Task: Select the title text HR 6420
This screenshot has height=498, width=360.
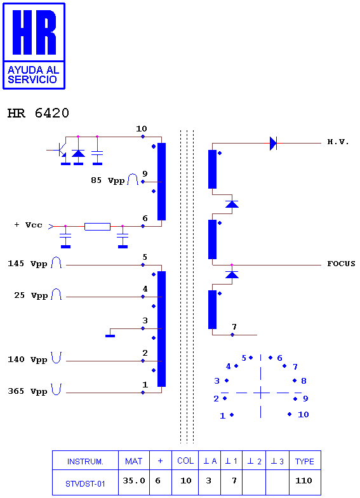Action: [x=38, y=113]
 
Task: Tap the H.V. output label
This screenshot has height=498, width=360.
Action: [x=338, y=142]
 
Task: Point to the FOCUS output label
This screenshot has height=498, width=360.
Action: [x=342, y=264]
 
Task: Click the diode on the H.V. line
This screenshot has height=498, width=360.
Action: [x=273, y=144]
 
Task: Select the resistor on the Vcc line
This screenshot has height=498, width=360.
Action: [x=98, y=226]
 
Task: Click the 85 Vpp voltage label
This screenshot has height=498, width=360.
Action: [x=108, y=180]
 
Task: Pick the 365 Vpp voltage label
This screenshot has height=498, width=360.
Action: [x=27, y=391]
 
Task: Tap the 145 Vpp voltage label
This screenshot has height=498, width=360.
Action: [x=27, y=264]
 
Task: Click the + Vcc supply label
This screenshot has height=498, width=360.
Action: [x=28, y=225]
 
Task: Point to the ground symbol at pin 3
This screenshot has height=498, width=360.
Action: [x=110, y=335]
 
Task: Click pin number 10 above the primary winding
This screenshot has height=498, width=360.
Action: [x=141, y=128]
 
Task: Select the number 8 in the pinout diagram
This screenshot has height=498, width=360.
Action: [x=303, y=381]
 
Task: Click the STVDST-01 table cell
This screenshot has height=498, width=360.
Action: [x=85, y=484]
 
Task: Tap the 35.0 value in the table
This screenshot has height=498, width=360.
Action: [x=134, y=480]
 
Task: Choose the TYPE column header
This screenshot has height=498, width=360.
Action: [x=305, y=461]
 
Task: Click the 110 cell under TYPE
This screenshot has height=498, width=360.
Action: [x=303, y=480]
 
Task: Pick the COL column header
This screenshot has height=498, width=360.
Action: [x=185, y=461]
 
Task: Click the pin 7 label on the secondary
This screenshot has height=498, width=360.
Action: [x=234, y=326]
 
